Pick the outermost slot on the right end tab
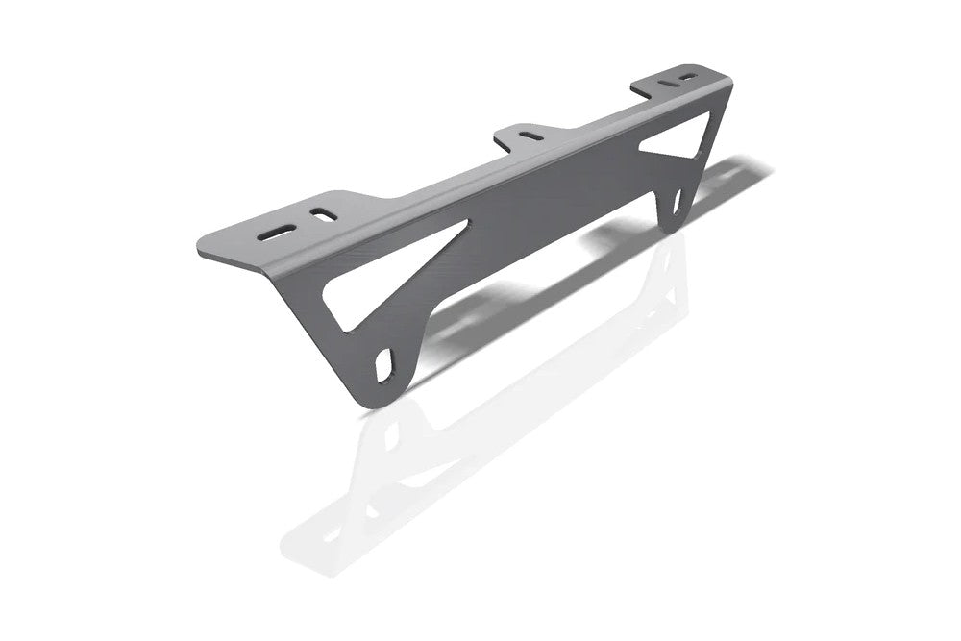tap(688, 76)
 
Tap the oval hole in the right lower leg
tap(677, 201)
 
